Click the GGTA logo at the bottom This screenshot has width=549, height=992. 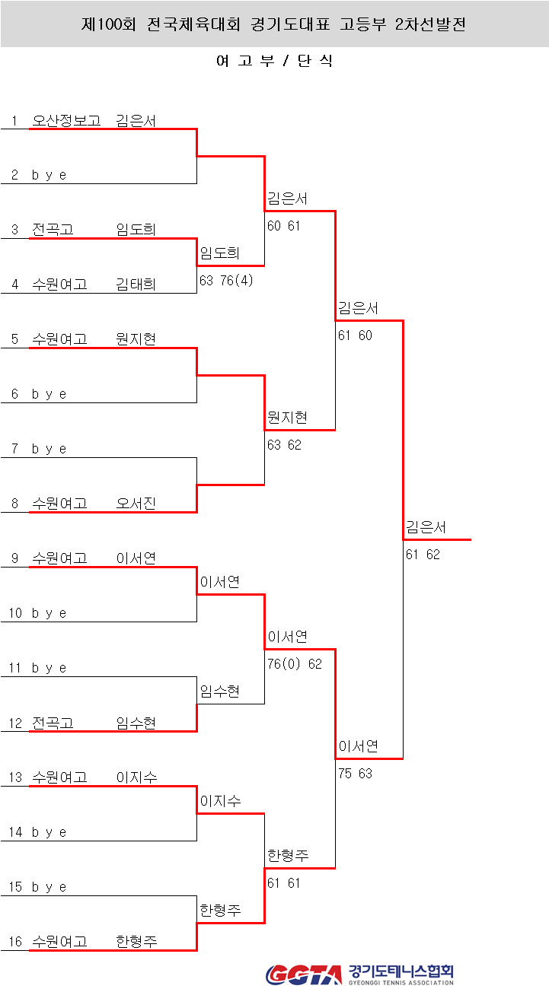304,975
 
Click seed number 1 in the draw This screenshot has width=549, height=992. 14,120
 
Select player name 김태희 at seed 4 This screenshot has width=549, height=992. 136,285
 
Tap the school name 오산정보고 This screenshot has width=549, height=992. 66,120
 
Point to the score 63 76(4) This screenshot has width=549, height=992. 226,281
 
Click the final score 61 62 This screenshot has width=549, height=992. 423,555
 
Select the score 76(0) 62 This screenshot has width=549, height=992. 294,664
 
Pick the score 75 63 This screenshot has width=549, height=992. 355,774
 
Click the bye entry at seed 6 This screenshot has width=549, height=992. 49,394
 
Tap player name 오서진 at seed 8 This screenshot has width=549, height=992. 136,504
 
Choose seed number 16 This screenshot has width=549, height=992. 16,942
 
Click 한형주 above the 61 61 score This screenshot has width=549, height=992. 288,856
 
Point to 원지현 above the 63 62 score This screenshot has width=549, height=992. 287,418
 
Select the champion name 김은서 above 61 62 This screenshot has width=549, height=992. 426,527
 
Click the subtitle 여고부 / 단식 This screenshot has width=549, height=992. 274,62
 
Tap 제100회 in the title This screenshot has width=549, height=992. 108,24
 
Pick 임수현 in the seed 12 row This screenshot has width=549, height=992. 136,723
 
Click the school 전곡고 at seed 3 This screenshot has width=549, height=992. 53,230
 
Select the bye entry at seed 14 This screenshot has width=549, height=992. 49,832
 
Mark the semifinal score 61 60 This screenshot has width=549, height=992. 355,335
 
